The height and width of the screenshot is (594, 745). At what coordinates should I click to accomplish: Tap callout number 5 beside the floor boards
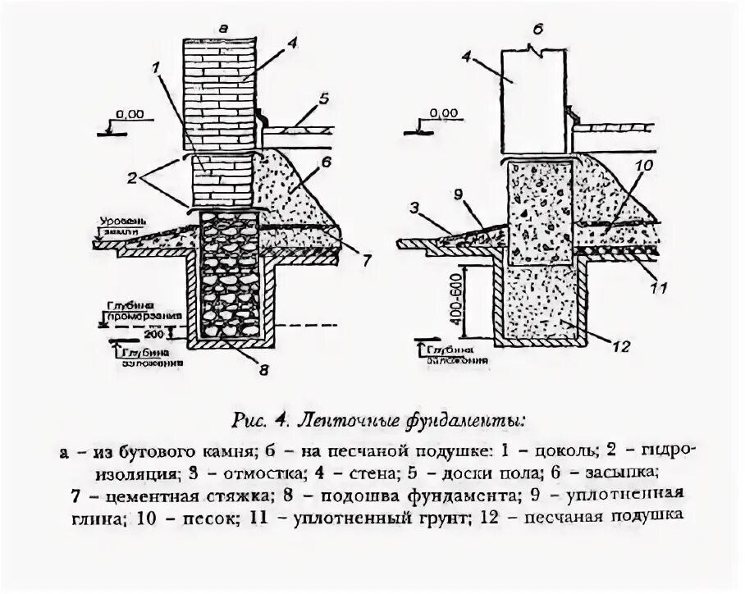click(x=324, y=98)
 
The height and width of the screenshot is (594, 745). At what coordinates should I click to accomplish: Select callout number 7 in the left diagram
click(x=367, y=258)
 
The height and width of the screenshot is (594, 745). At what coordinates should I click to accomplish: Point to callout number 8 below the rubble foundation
click(x=263, y=369)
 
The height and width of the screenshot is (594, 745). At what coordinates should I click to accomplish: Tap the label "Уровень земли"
click(x=123, y=226)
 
